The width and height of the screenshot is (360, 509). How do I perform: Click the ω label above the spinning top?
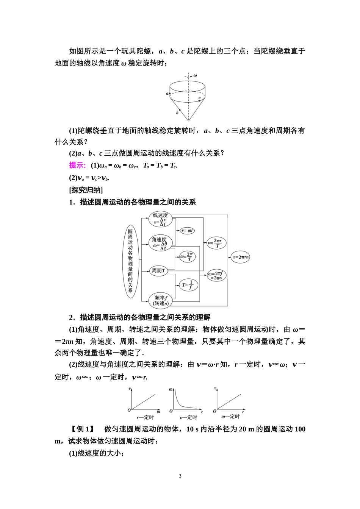click(x=195, y=75)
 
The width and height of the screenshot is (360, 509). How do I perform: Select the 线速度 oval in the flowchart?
click(x=160, y=219)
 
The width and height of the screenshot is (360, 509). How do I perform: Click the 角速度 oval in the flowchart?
click(x=160, y=243)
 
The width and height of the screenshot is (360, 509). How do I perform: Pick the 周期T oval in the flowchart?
click(x=158, y=270)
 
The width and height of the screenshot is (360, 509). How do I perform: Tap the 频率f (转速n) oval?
click(x=160, y=300)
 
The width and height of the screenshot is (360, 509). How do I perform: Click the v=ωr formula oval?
click(x=188, y=230)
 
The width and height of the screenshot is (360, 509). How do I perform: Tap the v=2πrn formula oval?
click(x=241, y=257)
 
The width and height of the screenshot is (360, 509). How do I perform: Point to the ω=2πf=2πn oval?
click(x=216, y=275)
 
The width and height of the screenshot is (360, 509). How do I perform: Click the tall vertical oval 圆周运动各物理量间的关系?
click(x=130, y=261)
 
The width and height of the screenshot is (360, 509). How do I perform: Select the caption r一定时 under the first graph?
click(x=145, y=417)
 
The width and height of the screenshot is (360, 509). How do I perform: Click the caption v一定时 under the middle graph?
click(x=188, y=417)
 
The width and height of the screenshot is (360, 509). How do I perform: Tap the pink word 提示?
click(x=77, y=166)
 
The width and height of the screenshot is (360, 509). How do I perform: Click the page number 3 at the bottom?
click(x=180, y=476)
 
